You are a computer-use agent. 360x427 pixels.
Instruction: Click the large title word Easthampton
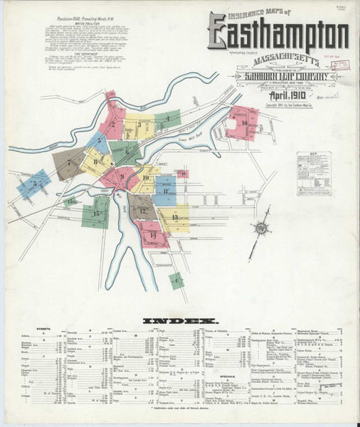point(278,33)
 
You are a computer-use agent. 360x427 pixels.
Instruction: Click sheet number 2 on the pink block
point(112,126)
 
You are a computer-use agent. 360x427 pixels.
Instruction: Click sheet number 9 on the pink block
point(122,177)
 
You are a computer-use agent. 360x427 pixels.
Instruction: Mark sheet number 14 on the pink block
point(153,234)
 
